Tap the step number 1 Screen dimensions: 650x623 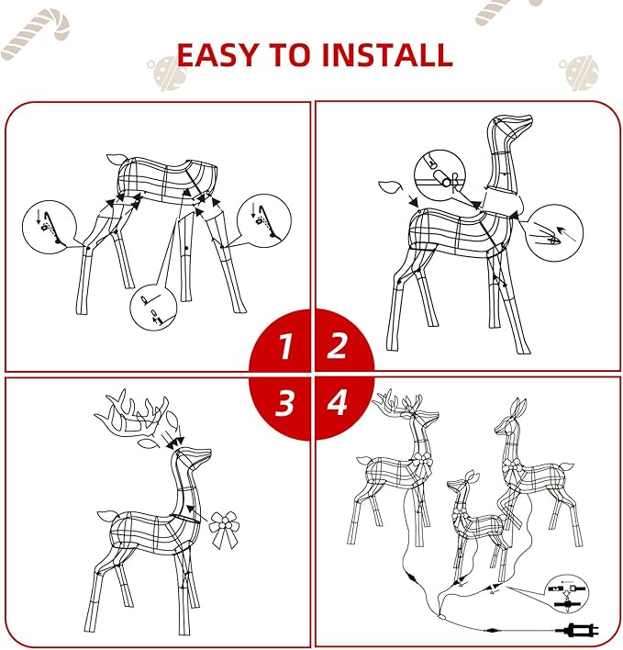285,347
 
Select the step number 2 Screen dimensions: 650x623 338,346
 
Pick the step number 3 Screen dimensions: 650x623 285,401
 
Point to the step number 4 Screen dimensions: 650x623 339,401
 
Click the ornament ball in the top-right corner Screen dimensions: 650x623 579,72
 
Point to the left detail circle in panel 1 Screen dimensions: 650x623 47,224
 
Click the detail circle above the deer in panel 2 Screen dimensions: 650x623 439,174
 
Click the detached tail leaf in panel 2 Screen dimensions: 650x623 391,189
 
